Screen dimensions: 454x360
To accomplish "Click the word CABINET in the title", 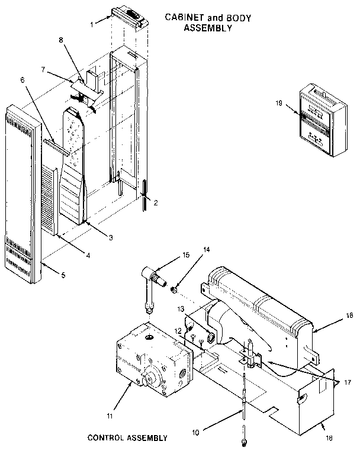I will point(184,18).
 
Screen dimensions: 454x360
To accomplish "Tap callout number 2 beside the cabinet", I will point(156,202).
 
